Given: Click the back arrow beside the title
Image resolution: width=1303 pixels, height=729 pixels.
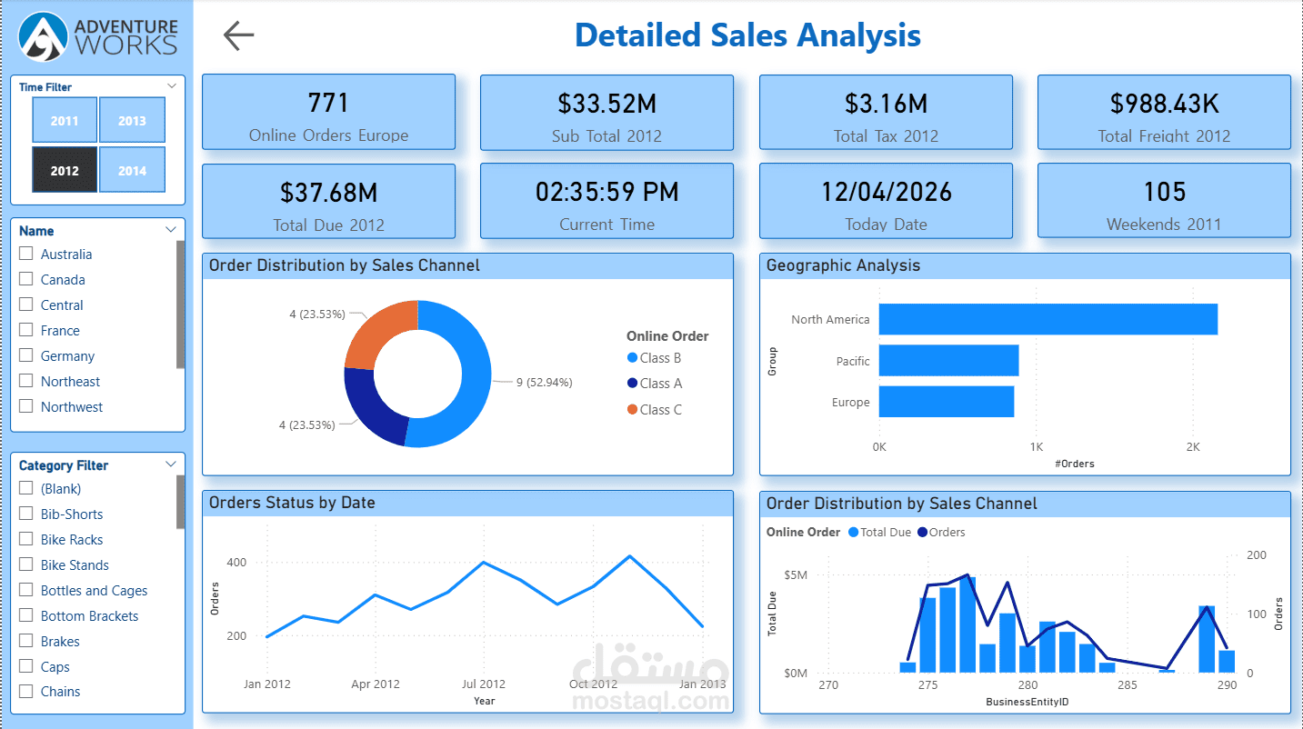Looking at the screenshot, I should (x=238, y=35).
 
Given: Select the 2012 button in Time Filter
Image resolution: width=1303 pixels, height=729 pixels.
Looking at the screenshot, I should (x=65, y=170).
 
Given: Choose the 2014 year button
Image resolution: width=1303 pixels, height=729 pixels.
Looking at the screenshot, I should (x=132, y=170).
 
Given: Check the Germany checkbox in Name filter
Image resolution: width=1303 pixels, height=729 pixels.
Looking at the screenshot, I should (x=26, y=356).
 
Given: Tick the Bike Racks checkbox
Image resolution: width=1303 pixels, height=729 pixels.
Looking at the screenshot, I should (x=26, y=540).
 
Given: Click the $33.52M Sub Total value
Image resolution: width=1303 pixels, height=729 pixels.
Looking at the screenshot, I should (x=606, y=104).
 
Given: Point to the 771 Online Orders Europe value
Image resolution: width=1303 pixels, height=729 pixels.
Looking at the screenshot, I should (x=328, y=103).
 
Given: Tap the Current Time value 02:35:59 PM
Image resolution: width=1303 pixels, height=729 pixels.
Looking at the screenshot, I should (x=606, y=192).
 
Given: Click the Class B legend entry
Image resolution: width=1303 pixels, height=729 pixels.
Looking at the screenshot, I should (x=654, y=358).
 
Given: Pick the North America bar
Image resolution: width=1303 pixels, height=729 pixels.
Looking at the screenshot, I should (x=1047, y=319).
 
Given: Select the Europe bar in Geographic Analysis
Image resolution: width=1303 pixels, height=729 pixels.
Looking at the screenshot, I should (x=946, y=402).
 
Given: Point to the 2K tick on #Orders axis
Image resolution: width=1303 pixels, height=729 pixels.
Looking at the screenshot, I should (x=1193, y=447).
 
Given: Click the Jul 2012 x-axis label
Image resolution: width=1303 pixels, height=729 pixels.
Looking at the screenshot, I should (x=484, y=684).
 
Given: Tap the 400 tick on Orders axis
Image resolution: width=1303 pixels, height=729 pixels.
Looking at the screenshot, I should (x=236, y=563).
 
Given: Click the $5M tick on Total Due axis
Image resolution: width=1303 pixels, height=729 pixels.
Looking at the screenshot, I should (x=795, y=575).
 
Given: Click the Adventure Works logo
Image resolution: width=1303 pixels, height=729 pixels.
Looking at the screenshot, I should (x=99, y=36).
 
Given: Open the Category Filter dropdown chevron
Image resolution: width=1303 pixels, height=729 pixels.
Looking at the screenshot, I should (x=171, y=464).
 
